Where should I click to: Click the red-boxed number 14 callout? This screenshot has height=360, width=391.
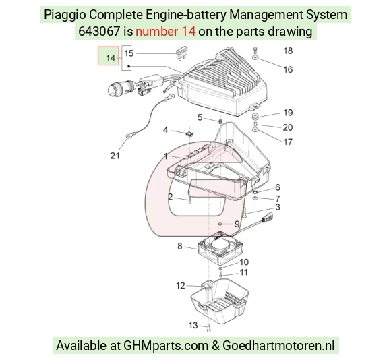tap(109, 56)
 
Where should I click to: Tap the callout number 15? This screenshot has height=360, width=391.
tap(129, 53)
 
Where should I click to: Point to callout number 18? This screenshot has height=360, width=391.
tap(288, 51)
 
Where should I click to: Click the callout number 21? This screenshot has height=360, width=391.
tap(115, 156)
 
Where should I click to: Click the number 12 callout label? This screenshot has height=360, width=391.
tap(180, 285)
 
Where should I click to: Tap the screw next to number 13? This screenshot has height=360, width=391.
tap(209, 328)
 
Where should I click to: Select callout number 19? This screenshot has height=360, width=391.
tap(288, 113)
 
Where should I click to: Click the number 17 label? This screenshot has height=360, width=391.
tap(288, 142)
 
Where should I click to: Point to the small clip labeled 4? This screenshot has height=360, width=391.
tap(190, 133)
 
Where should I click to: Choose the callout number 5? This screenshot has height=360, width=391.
tap(200, 117)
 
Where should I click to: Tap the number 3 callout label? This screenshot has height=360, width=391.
tap(278, 207)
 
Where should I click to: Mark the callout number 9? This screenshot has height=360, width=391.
tap(237, 224)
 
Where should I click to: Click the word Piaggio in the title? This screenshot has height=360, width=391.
tap(65, 15)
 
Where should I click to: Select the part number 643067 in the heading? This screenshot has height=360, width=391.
tap(99, 32)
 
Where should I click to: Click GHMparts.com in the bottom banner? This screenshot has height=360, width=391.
tap(166, 346)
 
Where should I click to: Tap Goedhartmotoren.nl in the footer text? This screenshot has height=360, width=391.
tap(278, 346)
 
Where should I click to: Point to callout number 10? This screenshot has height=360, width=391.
tap(244, 262)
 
